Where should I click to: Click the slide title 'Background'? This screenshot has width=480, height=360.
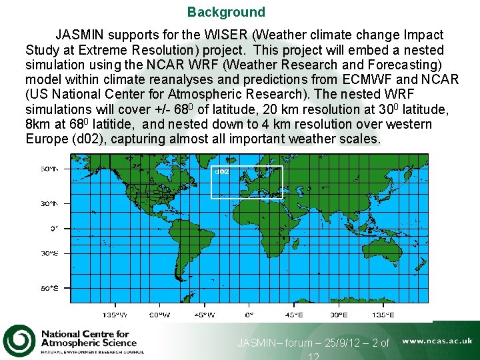226,12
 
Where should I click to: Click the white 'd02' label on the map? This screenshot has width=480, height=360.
222,171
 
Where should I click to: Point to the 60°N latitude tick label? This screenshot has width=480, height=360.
50,169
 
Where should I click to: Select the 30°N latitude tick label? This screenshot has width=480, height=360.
50,203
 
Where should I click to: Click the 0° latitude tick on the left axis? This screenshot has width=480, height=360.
55,228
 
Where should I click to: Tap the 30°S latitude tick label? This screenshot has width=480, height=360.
50,253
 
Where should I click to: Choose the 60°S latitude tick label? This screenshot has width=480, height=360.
50,287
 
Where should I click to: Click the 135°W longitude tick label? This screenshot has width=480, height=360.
114,315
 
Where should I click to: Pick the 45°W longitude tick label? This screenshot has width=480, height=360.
204,315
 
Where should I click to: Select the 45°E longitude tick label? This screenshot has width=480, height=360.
293,315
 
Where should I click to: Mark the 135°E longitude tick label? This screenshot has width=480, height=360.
383,315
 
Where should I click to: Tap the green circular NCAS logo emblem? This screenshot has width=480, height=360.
19,341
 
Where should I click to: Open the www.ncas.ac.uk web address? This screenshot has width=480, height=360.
437,341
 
